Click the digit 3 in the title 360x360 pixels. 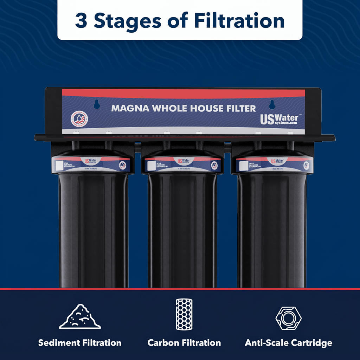(81, 21)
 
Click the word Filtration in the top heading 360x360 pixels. (240, 21)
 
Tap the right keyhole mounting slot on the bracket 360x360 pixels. (271, 104)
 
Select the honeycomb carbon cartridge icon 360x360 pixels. (184, 314)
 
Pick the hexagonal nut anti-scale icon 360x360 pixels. (288, 318)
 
